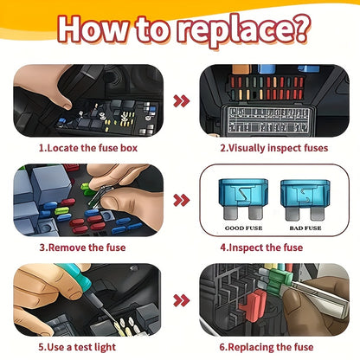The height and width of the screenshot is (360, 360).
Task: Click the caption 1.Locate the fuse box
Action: tap(87, 147)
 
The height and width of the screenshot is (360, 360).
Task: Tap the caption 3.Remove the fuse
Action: tap(82, 247)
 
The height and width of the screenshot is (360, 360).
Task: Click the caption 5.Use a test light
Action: tap(83, 348)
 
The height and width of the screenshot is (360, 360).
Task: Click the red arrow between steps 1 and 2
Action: tap(180, 100)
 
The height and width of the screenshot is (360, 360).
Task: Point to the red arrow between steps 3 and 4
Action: tap(180, 201)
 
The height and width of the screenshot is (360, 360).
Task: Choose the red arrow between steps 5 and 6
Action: tap(180, 300)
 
